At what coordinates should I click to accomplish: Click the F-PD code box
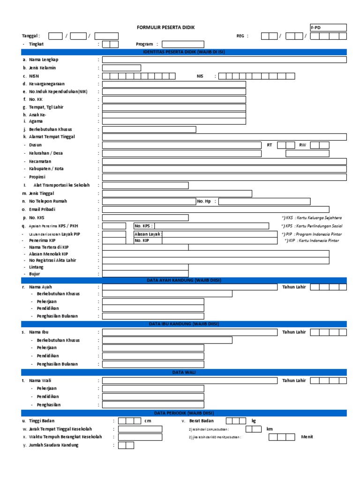328,28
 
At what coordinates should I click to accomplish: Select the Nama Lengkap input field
224,60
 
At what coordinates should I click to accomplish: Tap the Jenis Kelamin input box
121,68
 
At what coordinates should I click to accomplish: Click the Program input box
183,44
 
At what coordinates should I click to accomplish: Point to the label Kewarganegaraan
47,84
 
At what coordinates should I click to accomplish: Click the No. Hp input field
264,202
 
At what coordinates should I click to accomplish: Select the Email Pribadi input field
224,210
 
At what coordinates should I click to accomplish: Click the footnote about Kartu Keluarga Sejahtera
312,218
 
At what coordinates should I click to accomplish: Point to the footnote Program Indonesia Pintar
312,234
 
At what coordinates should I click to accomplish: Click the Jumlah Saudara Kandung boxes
126,445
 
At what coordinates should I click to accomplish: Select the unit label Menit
307,437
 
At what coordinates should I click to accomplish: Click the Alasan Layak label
148,233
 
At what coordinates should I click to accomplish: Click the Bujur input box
145,274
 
